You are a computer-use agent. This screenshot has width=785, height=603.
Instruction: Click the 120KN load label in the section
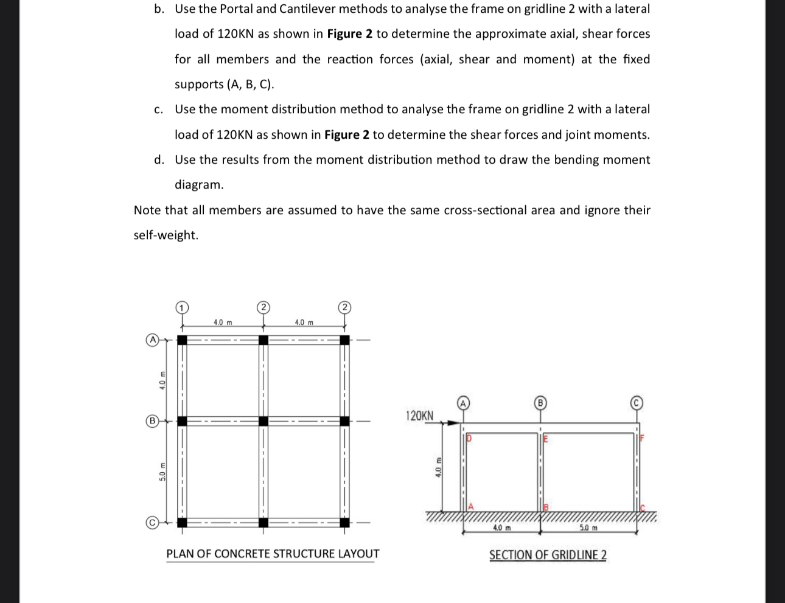tap(419, 416)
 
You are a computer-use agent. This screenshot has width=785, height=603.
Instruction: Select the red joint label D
tap(469, 437)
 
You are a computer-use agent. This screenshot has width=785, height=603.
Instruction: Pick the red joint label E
tap(545, 437)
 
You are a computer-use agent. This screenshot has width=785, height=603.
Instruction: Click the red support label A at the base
tap(470, 506)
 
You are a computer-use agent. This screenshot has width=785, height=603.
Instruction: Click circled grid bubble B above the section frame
tap(539, 402)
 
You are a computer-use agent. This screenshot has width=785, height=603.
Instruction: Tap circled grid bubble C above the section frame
tap(636, 402)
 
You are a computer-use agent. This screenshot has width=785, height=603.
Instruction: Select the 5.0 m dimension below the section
tap(588, 528)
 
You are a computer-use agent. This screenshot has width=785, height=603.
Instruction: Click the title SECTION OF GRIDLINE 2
tap(548, 555)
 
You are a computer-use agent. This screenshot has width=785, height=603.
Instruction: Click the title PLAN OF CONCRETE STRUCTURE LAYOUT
tap(273, 554)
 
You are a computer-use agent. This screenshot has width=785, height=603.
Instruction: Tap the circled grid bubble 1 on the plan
tap(181, 307)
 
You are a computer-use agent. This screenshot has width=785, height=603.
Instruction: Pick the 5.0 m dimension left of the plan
tap(162, 472)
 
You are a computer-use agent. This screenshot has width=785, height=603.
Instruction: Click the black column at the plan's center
tap(263, 421)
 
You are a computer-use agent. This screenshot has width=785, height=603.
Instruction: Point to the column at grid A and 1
tap(181, 340)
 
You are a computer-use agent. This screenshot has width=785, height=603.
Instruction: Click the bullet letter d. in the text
tap(159, 159)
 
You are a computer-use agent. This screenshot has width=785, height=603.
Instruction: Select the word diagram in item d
tap(199, 184)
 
